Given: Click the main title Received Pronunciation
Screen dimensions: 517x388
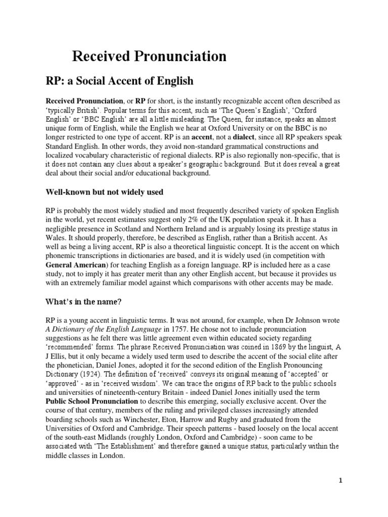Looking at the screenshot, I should click(x=149, y=57).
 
